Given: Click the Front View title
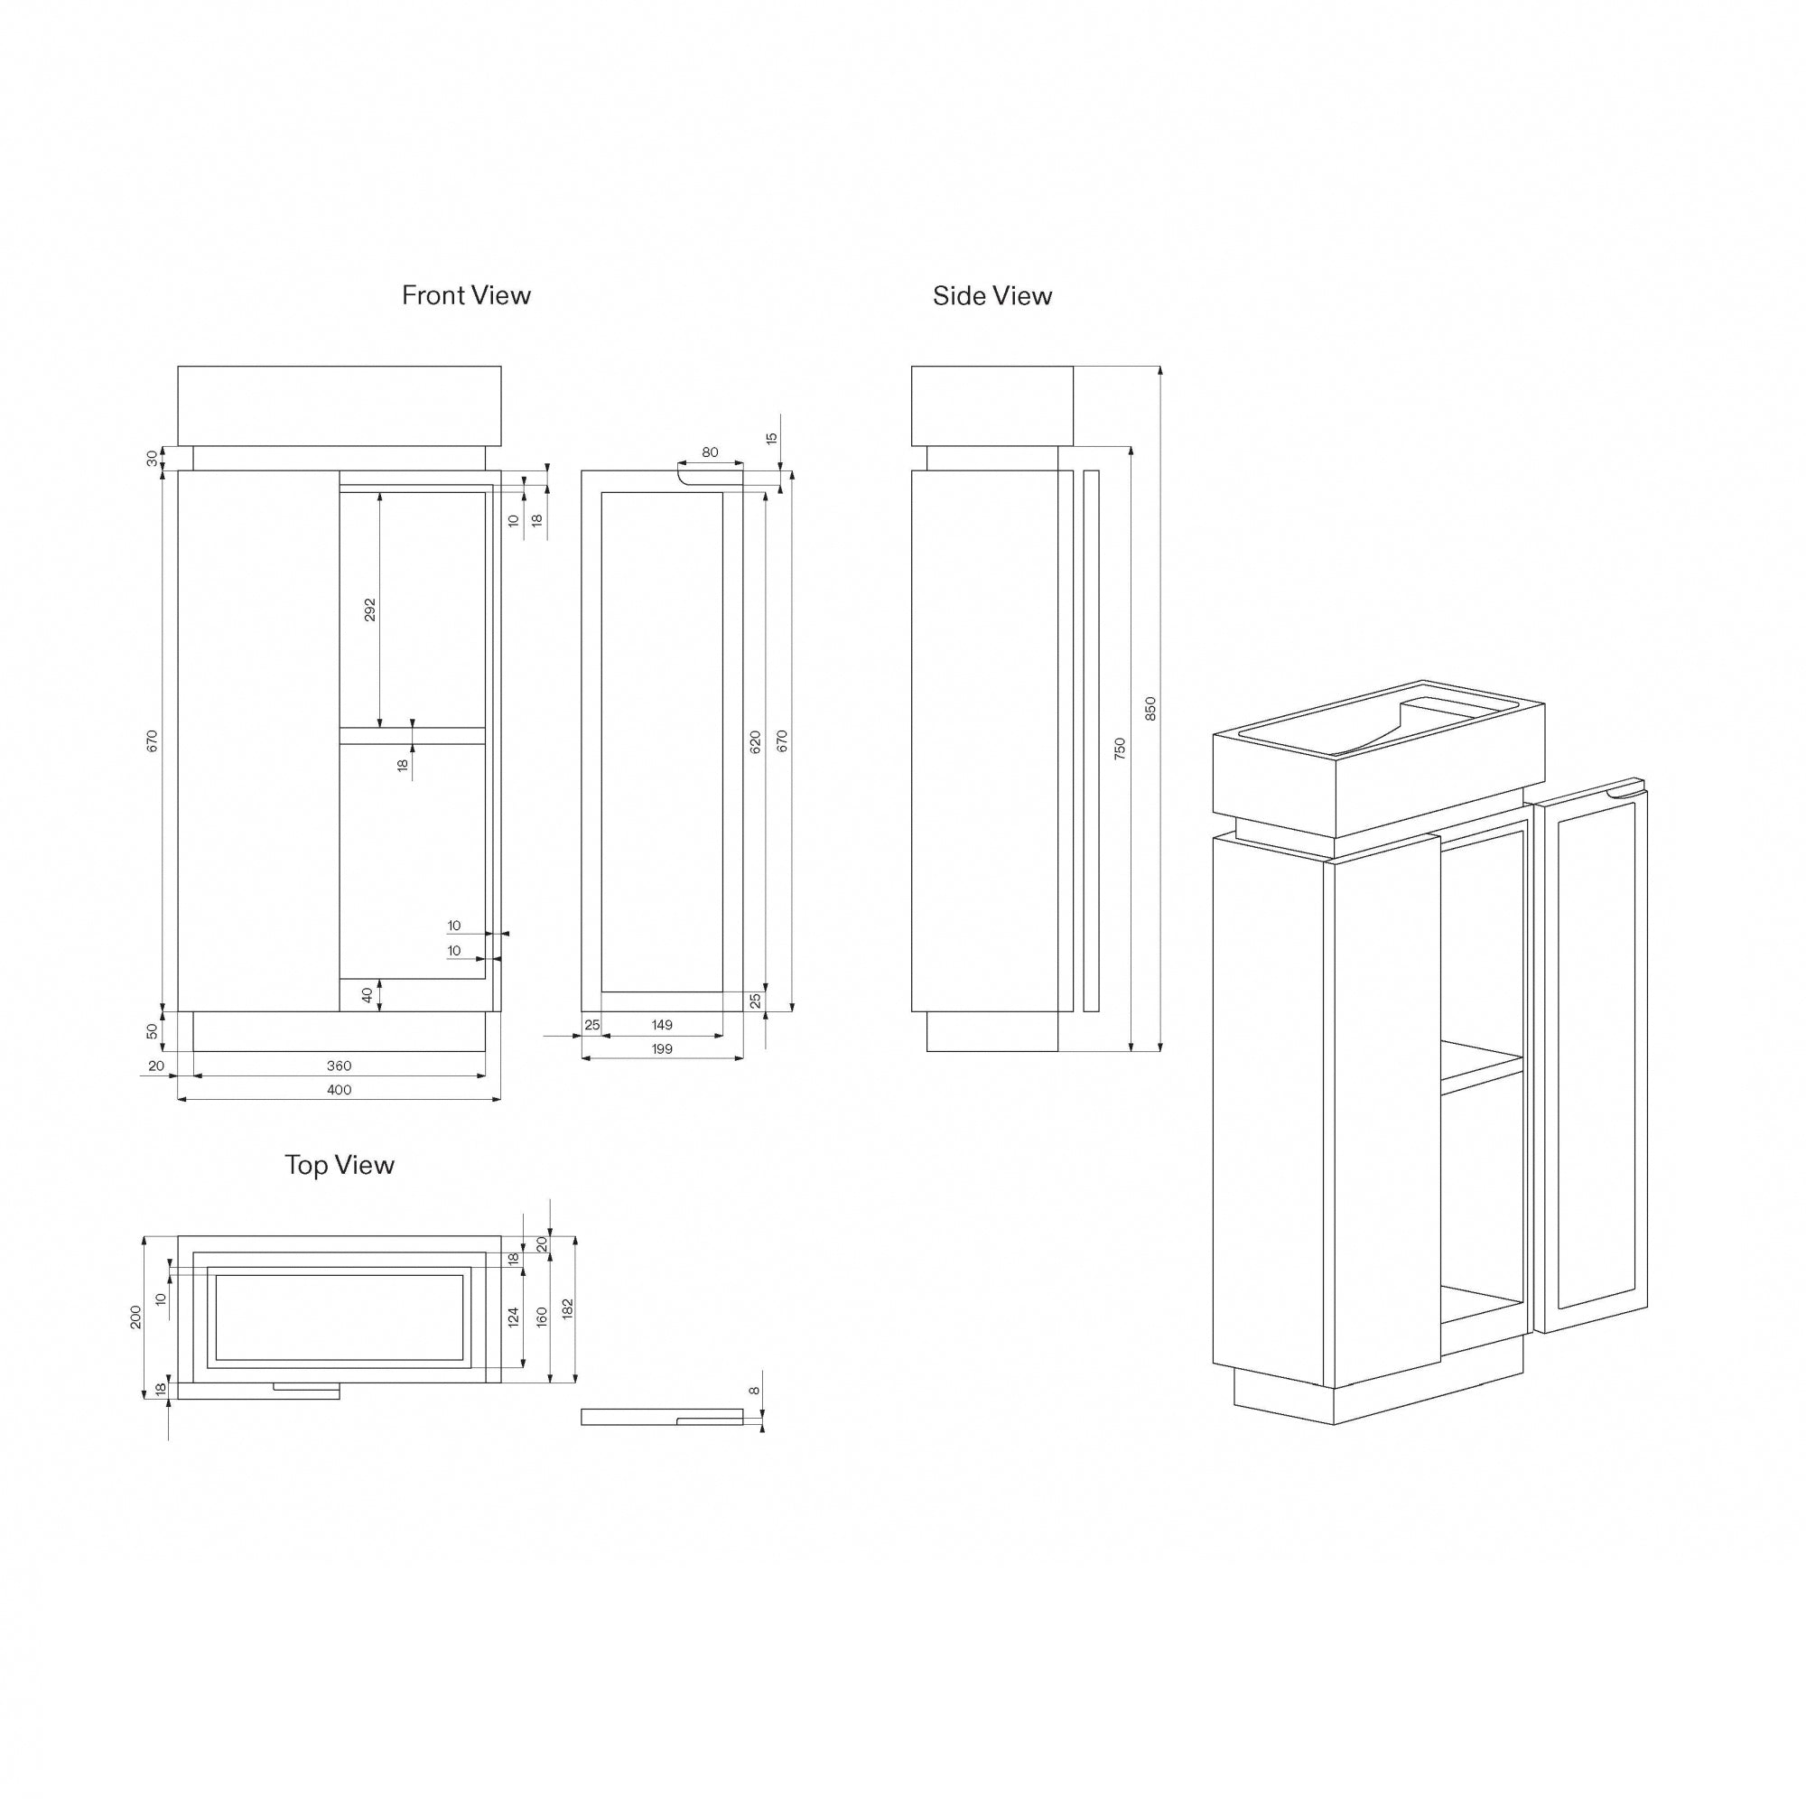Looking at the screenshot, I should pos(466,295).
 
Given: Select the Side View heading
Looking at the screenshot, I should pos(991,296).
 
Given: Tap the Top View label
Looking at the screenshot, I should pos(340,1165).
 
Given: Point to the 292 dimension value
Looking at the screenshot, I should pos(370,610).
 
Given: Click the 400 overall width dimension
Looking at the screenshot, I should pos(340,1089).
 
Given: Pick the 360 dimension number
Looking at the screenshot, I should pos(340,1065).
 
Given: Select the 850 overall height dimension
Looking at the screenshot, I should pos(1150,708).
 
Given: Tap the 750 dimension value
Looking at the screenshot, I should pos(1120,748).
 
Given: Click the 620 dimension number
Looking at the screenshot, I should pos(755,741).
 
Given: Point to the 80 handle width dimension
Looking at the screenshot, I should pos(711,452).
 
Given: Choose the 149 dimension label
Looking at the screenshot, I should pos(662,1025).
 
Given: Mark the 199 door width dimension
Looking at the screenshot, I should pos(662,1048).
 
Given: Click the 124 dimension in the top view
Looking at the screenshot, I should pos(513,1317).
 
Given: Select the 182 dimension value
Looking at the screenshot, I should pos(567,1308).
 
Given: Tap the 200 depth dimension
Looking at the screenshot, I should pos(136,1317).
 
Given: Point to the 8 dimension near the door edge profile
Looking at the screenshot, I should pos(754,1390).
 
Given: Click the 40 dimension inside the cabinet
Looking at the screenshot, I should pos(368,994).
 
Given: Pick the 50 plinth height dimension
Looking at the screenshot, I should pos(153,1030).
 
